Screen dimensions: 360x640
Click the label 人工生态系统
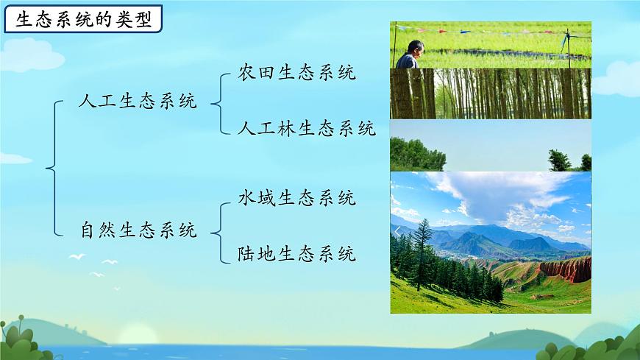click(138, 102)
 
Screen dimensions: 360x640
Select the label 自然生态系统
click(138, 230)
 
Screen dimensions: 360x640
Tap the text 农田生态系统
click(297, 73)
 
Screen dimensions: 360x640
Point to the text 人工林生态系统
click(307, 130)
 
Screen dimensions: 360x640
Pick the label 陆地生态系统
click(297, 255)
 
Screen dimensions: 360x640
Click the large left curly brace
click(52, 169)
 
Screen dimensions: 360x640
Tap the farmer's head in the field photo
click(415, 49)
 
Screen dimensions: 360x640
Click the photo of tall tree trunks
click(490, 93)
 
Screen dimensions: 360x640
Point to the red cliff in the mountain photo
click(566, 269)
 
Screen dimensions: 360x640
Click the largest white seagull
click(77, 257)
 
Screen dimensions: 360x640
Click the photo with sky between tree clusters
click(490, 145)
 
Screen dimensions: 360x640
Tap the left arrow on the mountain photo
click(397, 232)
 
